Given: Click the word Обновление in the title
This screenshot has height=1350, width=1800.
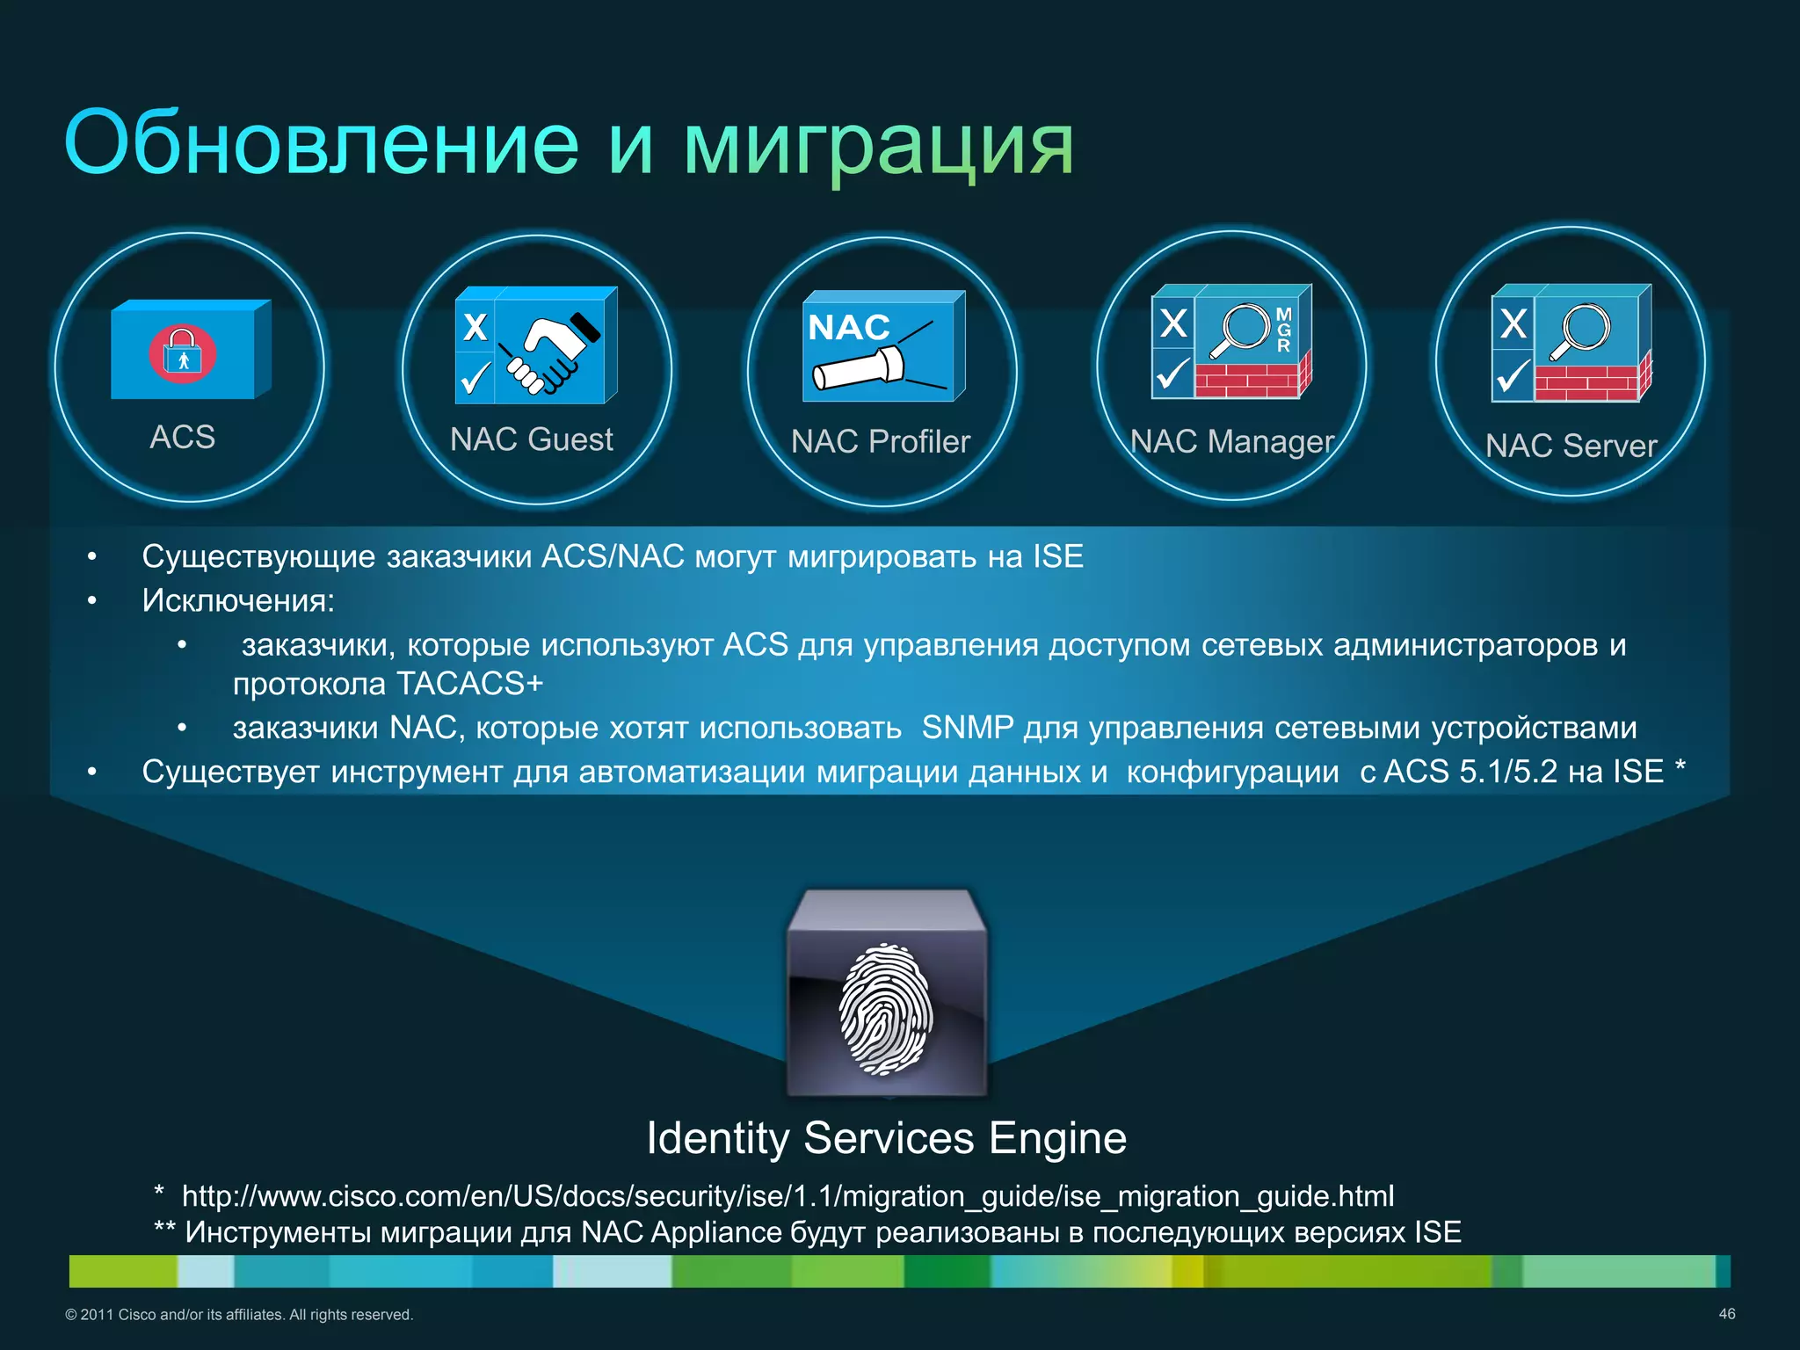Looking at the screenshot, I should pyautogui.click(x=322, y=143).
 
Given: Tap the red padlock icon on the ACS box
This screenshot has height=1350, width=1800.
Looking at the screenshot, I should pyautogui.click(x=182, y=353).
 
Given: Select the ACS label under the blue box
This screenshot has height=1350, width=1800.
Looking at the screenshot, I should pyautogui.click(x=183, y=437).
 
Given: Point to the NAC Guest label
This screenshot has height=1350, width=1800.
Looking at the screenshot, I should pyautogui.click(x=532, y=439).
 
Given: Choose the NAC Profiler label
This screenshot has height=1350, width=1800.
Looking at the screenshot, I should pyautogui.click(x=881, y=441).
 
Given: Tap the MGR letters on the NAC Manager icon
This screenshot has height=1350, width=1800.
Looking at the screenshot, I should pyautogui.click(x=1284, y=330).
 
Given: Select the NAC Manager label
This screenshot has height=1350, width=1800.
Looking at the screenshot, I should pyautogui.click(x=1232, y=441).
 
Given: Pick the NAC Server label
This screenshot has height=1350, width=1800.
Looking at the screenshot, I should pyautogui.click(x=1571, y=446).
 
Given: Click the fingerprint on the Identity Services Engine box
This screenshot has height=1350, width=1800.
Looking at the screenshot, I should pyautogui.click(x=886, y=1009).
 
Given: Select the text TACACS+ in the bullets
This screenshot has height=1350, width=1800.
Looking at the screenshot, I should pyautogui.click(x=470, y=683).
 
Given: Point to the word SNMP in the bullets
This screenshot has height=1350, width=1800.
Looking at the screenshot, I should pyautogui.click(x=967, y=728).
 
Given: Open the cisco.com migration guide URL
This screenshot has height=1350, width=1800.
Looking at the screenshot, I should pyautogui.click(x=787, y=1196).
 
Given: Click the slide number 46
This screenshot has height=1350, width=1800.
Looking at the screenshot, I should pyautogui.click(x=1726, y=1314).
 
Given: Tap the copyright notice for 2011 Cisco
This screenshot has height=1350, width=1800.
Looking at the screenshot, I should pyautogui.click(x=239, y=1315).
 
